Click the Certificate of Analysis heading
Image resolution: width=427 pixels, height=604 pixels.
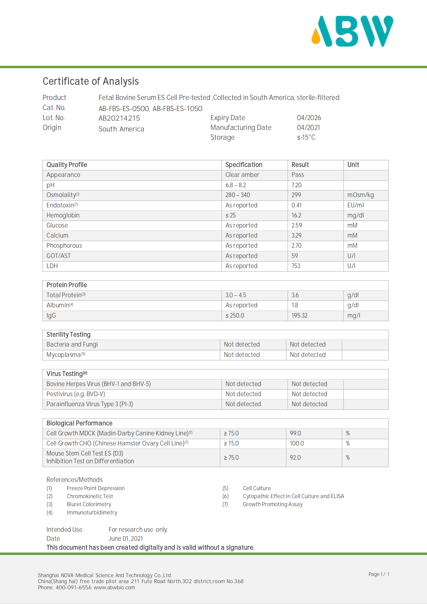point(90,81)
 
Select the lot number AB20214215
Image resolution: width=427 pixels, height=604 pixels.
point(119,118)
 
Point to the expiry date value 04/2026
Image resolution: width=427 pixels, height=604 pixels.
point(309,117)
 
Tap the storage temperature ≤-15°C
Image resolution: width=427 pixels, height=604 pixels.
point(306,137)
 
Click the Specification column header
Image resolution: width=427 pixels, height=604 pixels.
point(244,165)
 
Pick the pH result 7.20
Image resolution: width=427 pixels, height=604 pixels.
point(297,185)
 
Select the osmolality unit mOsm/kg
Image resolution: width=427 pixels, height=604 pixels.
point(360,195)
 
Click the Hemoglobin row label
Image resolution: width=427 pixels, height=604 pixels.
point(63,215)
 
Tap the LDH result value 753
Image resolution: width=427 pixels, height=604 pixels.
point(296,266)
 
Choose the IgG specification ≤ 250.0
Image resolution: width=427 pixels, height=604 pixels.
point(235,315)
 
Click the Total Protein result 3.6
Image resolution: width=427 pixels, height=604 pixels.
point(295,295)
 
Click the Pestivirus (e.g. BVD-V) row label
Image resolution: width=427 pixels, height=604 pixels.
point(76,394)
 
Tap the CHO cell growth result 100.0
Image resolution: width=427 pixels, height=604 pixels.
point(297,443)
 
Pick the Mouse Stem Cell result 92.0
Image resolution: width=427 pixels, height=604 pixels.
point(295,458)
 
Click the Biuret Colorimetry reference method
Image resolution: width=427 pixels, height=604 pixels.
point(89,504)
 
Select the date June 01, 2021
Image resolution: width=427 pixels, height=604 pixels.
point(126,538)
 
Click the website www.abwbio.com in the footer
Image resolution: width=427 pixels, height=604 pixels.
point(114,587)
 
